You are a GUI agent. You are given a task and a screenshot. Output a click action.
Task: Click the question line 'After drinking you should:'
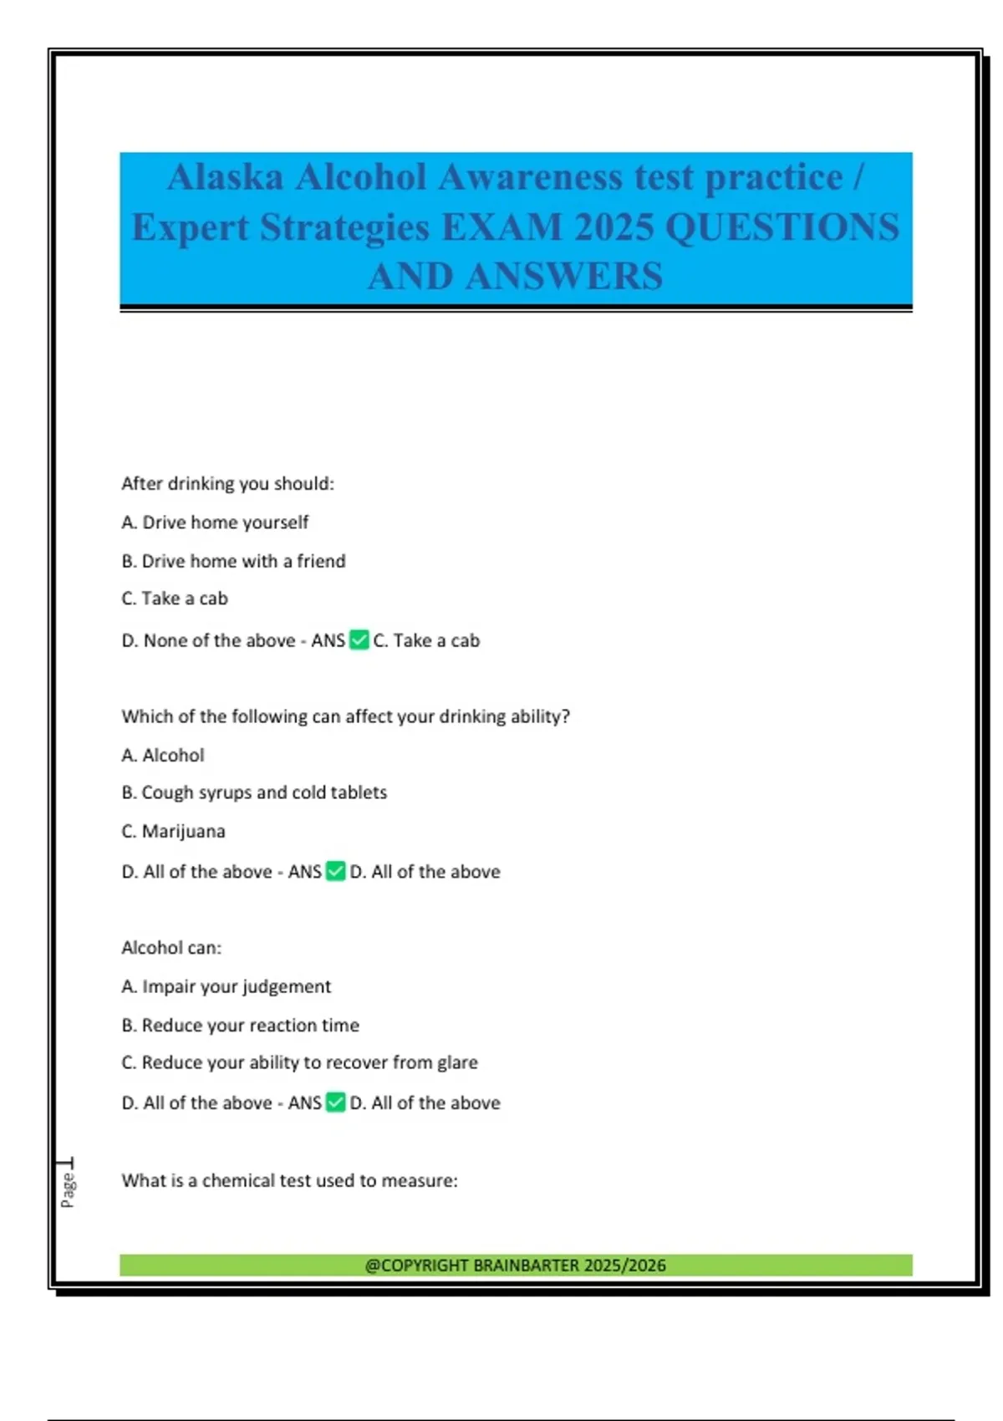pyautogui.click(x=227, y=484)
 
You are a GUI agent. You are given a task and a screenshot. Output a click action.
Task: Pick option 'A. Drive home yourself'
pyautogui.click(x=215, y=522)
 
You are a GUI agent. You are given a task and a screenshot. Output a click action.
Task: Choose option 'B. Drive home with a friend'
pyautogui.click(x=233, y=561)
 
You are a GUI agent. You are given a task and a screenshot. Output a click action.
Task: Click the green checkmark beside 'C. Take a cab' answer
pyautogui.click(x=359, y=640)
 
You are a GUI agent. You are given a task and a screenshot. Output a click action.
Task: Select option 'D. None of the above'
pyautogui.click(x=208, y=641)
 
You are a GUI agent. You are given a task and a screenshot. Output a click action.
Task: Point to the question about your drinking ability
pyautogui.click(x=345, y=716)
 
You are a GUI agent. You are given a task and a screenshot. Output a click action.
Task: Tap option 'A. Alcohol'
pyautogui.click(x=163, y=756)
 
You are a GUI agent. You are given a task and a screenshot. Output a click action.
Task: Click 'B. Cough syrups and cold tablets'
pyautogui.click(x=254, y=792)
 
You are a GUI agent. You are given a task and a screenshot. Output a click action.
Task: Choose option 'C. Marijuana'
pyautogui.click(x=173, y=832)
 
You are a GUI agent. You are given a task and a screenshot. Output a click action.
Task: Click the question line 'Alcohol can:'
pyautogui.click(x=171, y=948)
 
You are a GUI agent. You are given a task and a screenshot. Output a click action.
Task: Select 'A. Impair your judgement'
pyautogui.click(x=226, y=987)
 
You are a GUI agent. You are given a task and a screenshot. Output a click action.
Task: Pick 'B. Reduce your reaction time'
pyautogui.click(x=240, y=1026)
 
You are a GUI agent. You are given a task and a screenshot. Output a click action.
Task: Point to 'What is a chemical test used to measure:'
pyautogui.click(x=289, y=1181)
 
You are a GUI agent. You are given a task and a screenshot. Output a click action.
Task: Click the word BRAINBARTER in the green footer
pyautogui.click(x=526, y=1266)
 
